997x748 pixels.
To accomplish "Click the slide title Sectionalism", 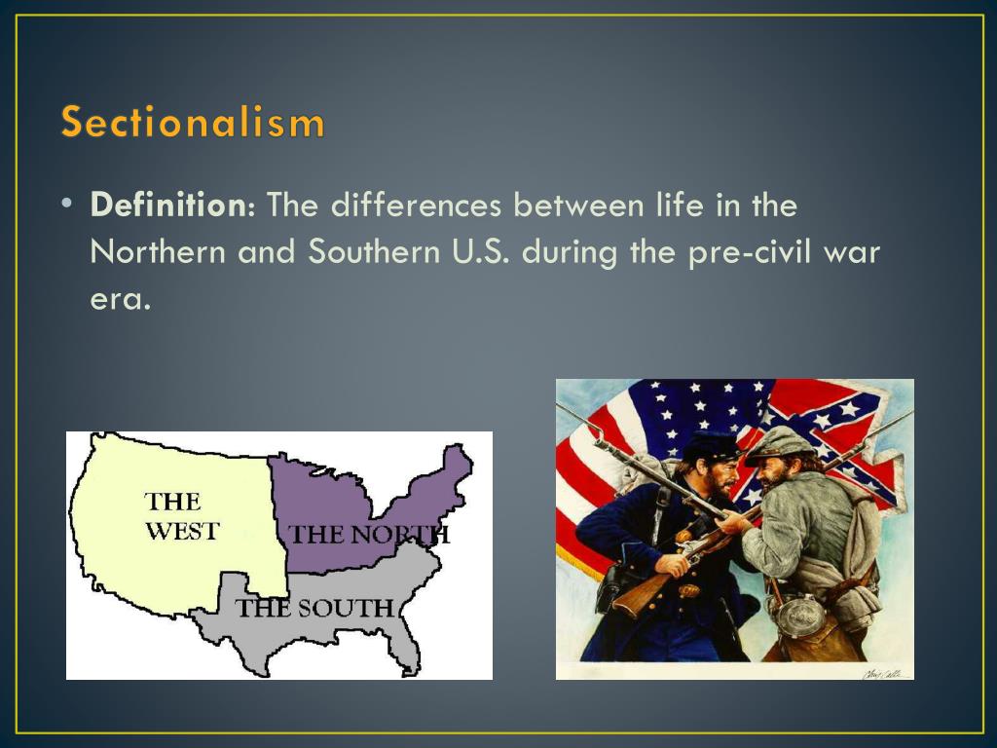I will point(192,123).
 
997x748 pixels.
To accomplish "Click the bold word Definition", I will point(171,206).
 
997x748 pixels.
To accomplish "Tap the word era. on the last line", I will point(121,298).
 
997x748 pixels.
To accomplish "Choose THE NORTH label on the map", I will point(369,534).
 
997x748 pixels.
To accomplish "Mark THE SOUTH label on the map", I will point(314,609).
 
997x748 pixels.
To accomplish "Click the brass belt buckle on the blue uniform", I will point(690,590).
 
